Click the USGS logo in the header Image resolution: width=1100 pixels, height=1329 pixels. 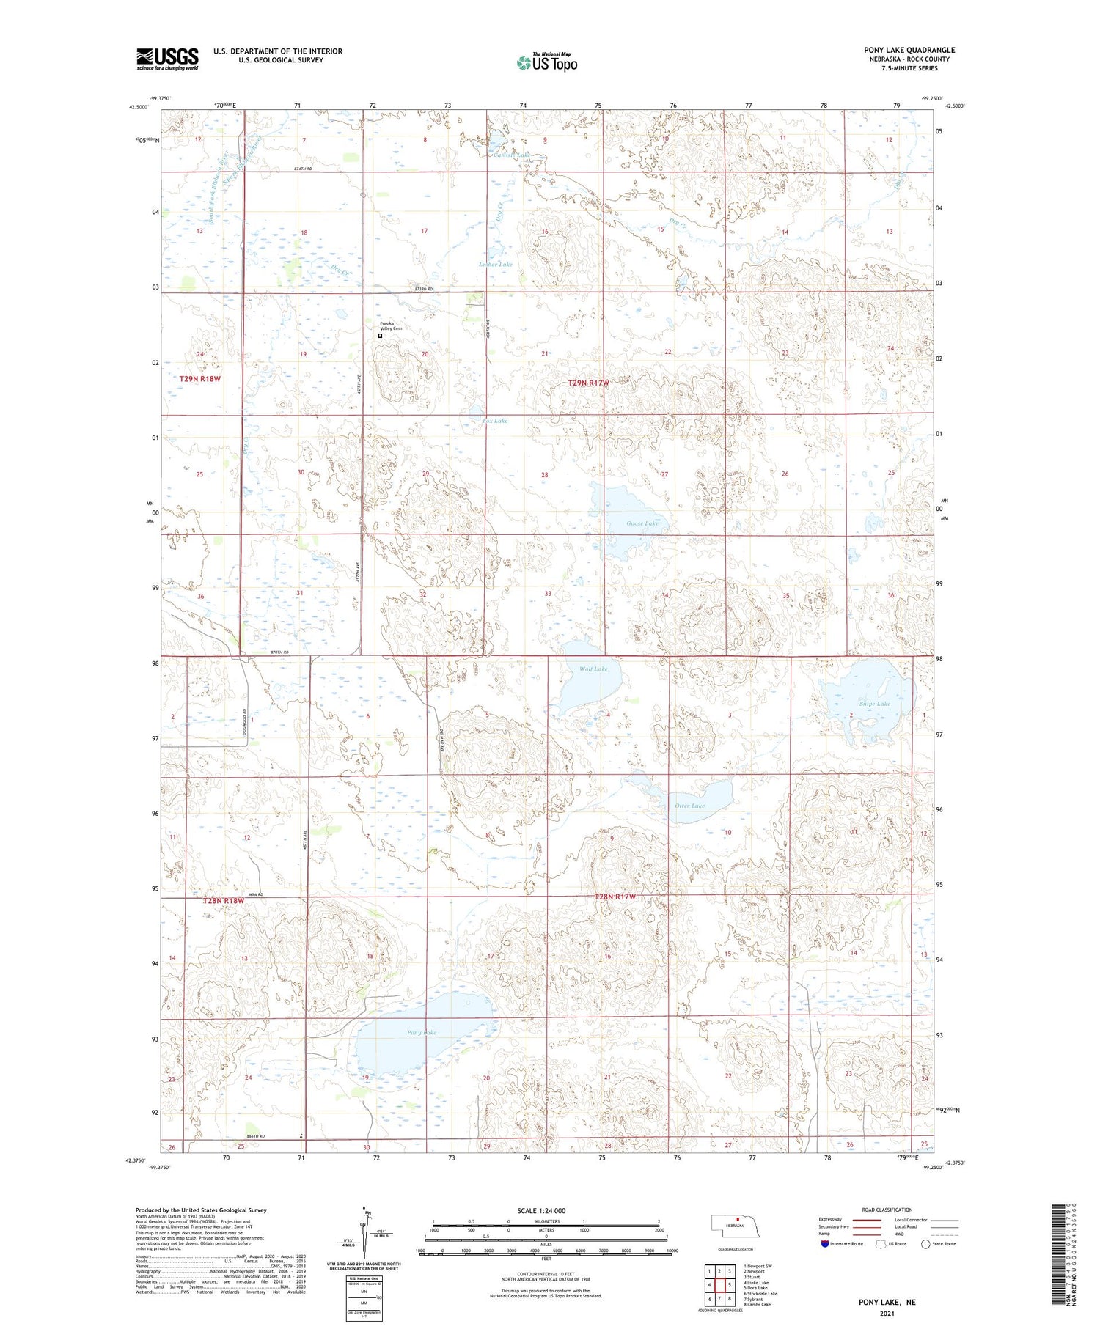pyautogui.click(x=167, y=59)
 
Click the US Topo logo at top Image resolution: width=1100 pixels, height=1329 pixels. pyautogui.click(x=547, y=62)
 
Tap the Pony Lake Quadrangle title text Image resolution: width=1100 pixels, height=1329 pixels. pyautogui.click(x=909, y=50)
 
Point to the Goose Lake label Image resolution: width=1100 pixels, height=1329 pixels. pyautogui.click(x=642, y=523)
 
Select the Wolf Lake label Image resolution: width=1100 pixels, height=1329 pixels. pyautogui.click(x=593, y=669)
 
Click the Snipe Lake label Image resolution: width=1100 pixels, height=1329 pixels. pyautogui.click(x=874, y=704)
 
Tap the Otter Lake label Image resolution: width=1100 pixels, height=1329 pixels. pyautogui.click(x=689, y=806)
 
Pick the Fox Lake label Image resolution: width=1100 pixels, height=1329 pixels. pyautogui.click(x=495, y=421)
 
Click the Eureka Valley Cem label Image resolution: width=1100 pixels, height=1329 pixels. pyautogui.click(x=390, y=326)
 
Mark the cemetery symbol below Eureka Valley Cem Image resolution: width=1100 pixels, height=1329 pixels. pyautogui.click(x=380, y=336)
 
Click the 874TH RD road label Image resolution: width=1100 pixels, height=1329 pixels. pyautogui.click(x=303, y=169)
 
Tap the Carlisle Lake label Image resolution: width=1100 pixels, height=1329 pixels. pyautogui.click(x=510, y=155)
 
